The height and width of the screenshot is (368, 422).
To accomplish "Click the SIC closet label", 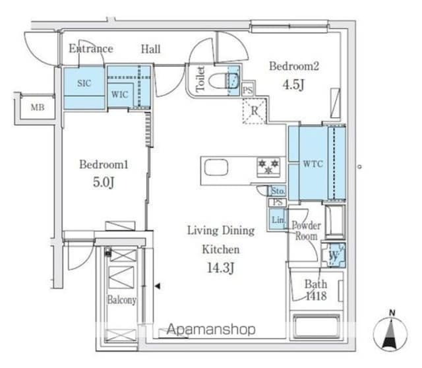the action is [x=84, y=83].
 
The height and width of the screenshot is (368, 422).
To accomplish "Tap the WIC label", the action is [x=120, y=94].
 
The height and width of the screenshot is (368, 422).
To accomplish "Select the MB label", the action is [x=38, y=107].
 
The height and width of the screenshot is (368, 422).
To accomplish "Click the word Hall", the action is [x=151, y=49].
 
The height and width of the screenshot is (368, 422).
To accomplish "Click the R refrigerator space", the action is [x=255, y=111].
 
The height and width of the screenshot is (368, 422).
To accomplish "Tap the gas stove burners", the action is [x=268, y=167].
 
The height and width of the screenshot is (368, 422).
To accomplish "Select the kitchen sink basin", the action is [x=216, y=167].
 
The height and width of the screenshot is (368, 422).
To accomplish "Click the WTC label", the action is [x=313, y=164].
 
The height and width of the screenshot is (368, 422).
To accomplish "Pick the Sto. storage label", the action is [x=278, y=191].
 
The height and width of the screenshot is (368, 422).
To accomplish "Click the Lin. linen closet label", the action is [x=278, y=220].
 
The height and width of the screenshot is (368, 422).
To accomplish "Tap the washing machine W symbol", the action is [x=334, y=255].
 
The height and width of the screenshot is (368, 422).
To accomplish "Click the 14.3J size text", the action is [x=221, y=268].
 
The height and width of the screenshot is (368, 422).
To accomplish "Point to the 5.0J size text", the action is [x=104, y=182].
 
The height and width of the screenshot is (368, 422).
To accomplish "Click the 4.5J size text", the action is [x=293, y=84].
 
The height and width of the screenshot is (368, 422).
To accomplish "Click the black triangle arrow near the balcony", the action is [x=158, y=286].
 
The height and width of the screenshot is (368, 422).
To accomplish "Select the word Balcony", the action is [x=121, y=300].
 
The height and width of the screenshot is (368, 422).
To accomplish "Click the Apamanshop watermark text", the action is [x=211, y=329].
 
